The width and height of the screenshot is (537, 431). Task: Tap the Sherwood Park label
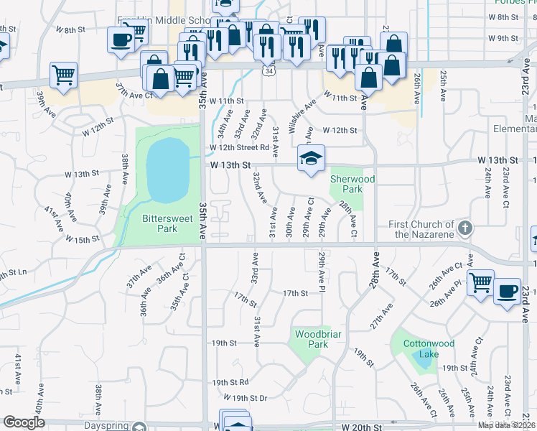point(346,184)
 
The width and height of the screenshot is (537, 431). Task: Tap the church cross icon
point(464,229)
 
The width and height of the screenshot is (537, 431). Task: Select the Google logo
point(24,422)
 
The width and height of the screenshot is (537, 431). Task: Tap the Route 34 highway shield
point(268,72)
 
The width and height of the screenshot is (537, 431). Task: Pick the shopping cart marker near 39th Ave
point(64,75)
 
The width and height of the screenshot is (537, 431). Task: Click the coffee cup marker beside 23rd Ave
point(507,292)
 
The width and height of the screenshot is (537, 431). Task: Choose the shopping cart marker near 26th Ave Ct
point(480,282)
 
